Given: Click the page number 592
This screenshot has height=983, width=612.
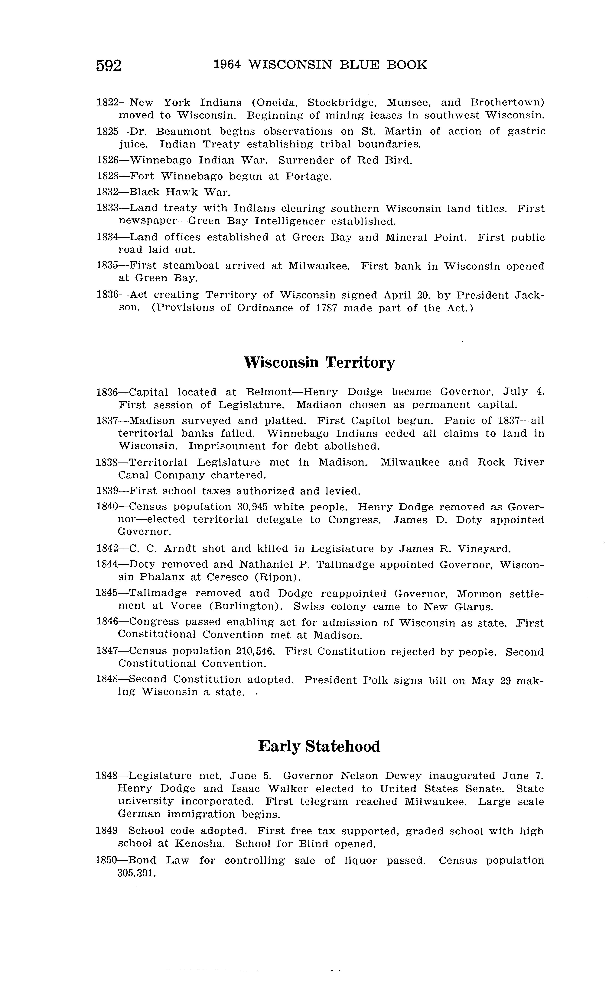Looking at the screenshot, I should [109, 66].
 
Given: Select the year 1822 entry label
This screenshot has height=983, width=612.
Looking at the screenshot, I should [107, 103].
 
